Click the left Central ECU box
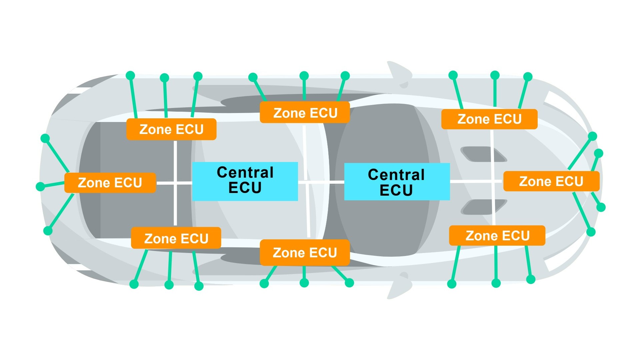(245, 181)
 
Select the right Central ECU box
(397, 182)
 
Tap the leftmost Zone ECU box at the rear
(110, 183)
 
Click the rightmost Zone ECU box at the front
(551, 181)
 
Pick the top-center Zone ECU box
(305, 113)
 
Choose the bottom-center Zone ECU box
(305, 252)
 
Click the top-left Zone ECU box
(171, 129)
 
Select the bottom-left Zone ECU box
(176, 238)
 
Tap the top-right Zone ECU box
(489, 119)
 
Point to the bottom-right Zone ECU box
(497, 236)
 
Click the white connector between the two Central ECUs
(321, 182)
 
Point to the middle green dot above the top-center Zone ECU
(304, 76)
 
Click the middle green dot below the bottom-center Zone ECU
(304, 283)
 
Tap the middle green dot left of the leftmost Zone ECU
(40, 186)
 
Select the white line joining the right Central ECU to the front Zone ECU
(476, 181)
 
